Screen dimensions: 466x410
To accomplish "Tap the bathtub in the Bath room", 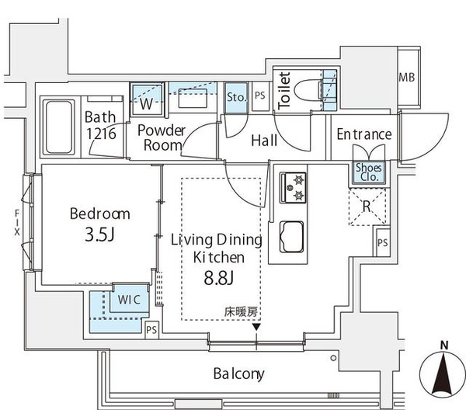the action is coord(58,127).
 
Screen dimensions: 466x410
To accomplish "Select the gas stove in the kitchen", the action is coord(293,188).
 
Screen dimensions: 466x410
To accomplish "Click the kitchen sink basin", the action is coord(291,237).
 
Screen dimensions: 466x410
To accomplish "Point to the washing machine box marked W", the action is coord(147,99).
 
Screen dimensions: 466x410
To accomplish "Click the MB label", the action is coord(406,78).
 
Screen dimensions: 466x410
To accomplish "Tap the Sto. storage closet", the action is coord(236,97).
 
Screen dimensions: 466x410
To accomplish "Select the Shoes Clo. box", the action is coord(368,172).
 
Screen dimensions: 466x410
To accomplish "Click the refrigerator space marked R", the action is coord(367,206).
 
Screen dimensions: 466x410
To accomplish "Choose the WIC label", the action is coord(129,300).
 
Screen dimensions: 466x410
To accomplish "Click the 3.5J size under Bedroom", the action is coord(99,235).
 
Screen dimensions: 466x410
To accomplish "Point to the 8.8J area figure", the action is coord(219,278).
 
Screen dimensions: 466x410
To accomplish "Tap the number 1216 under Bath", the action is coord(101,134).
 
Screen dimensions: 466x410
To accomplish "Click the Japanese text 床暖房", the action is coord(241,312).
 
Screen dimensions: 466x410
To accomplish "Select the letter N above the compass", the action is coord(444,346).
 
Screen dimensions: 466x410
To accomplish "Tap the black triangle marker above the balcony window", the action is coord(256,327).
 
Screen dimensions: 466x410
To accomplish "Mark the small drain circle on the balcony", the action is coord(333,358).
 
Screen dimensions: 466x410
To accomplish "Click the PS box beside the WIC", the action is coord(151,330).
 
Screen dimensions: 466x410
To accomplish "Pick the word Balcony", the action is coord(239,374).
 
